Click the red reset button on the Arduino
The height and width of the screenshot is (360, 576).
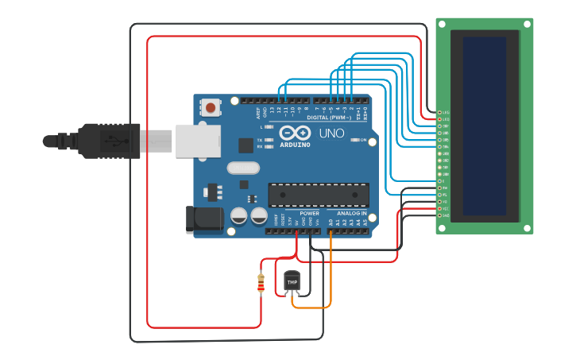(211, 106)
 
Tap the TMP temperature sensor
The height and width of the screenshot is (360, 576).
(292, 282)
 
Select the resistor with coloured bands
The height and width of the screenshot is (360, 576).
(261, 282)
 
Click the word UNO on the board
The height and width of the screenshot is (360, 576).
(331, 134)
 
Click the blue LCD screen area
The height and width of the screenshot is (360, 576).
(484, 126)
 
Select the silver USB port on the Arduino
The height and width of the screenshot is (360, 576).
(196, 141)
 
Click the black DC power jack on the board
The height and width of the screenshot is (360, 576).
(204, 220)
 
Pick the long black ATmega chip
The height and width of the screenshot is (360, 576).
(318, 195)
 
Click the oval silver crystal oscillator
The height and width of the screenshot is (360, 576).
(242, 168)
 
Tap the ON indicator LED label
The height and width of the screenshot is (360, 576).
(362, 140)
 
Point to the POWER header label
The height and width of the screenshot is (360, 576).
(309, 213)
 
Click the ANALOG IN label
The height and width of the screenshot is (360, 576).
(352, 213)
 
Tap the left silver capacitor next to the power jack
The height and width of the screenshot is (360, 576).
(239, 215)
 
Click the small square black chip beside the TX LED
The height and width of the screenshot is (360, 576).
(245, 145)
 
